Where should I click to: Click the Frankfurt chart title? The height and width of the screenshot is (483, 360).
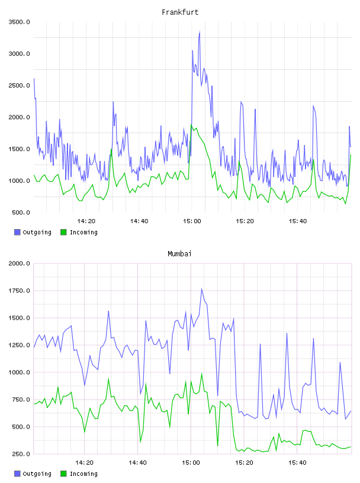pos(180,12)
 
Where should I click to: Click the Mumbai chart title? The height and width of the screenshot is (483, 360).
pos(179,253)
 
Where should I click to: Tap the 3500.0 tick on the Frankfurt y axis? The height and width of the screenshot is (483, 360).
pos(19,22)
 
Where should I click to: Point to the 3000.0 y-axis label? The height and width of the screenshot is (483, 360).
pos(19,54)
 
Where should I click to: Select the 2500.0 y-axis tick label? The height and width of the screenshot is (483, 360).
pos(19,85)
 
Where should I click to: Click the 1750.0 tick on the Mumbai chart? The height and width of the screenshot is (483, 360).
pos(19,291)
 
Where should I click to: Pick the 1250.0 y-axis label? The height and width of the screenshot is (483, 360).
pos(19,345)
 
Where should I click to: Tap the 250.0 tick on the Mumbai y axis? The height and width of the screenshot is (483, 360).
pos(21,454)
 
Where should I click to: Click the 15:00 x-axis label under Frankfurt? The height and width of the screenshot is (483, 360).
pos(192,221)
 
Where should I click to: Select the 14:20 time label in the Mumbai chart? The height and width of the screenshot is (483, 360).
pos(84,462)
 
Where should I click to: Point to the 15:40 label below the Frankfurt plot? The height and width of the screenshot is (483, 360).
pos(298,221)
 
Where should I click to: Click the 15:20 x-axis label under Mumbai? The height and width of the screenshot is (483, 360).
pos(244,462)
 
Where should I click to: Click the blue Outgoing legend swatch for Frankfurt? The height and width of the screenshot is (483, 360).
pos(17,232)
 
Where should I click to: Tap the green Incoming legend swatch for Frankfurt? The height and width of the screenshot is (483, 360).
pos(63,232)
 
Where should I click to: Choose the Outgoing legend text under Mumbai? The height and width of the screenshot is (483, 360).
pos(37,474)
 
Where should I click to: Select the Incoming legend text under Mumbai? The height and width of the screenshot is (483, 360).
pos(83,474)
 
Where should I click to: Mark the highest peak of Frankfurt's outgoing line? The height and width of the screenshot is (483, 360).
pos(200,31)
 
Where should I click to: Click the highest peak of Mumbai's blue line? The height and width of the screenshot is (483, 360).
pos(201,289)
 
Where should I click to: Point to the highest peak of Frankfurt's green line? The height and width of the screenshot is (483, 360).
pos(191,125)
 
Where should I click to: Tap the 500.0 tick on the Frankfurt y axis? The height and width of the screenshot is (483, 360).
pos(21,212)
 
